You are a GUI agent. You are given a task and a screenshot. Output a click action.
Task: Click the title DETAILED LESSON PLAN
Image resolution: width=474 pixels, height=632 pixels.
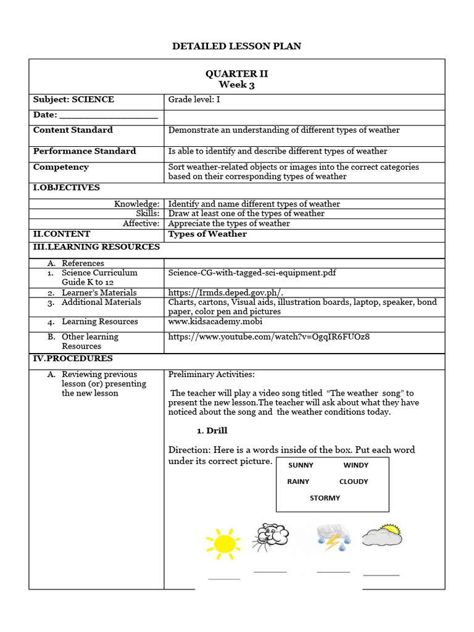pyautogui.click(x=237, y=46)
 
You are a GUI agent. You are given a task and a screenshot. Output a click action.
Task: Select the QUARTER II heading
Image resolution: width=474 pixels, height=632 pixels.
pyautogui.click(x=237, y=73)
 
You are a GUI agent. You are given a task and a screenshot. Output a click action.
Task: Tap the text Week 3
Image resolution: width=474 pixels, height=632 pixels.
pyautogui.click(x=237, y=85)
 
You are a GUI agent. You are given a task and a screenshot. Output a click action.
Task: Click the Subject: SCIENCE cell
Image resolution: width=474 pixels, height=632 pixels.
pyautogui.click(x=73, y=99)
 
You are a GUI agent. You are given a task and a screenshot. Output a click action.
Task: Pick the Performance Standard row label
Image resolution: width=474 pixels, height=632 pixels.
pyautogui.click(x=85, y=151)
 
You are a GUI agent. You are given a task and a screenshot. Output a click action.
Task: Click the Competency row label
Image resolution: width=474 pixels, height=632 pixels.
pyautogui.click(x=61, y=167)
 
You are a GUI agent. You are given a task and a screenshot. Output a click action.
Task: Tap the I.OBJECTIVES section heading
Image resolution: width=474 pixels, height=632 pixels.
pyautogui.click(x=66, y=188)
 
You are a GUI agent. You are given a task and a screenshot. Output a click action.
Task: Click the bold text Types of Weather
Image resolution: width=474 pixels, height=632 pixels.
pyautogui.click(x=207, y=234)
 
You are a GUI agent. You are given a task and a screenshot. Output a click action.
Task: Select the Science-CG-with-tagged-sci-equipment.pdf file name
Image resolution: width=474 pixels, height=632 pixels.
pyautogui.click(x=252, y=273)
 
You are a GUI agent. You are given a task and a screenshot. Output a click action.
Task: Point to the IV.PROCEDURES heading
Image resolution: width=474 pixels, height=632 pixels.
pyautogui.click(x=72, y=359)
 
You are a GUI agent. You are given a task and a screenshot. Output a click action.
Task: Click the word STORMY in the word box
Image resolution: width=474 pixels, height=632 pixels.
pyautogui.click(x=325, y=498)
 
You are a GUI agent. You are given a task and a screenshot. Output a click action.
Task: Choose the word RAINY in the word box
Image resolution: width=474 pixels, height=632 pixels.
pyautogui.click(x=299, y=481)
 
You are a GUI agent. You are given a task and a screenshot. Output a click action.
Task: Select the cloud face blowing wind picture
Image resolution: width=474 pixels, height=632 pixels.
pyautogui.click(x=270, y=536)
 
